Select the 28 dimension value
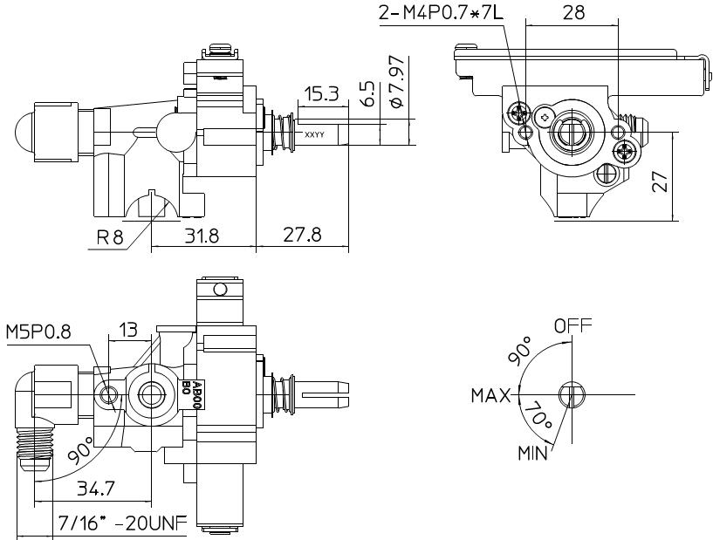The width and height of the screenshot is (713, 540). (573, 13)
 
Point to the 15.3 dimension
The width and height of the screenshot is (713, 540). (321, 93)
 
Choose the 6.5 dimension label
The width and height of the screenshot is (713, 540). (367, 93)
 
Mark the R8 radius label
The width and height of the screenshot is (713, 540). (111, 236)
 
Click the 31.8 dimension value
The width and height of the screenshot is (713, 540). (202, 236)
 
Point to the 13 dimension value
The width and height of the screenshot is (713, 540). (128, 330)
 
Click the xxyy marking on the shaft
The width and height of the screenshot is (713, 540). (315, 134)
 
